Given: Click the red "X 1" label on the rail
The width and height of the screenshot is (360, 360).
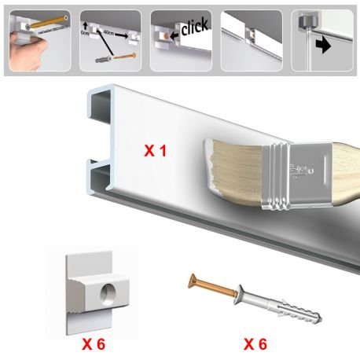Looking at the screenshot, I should [155, 149].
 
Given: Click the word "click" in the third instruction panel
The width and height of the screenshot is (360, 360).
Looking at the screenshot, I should [194, 28].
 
